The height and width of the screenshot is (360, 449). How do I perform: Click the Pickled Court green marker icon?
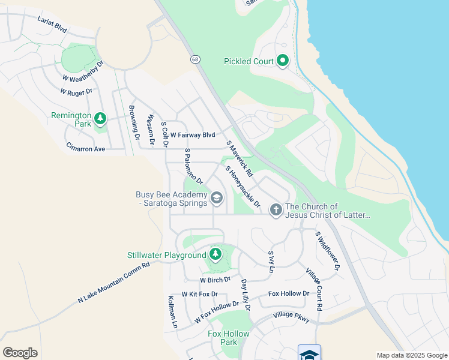click(283, 61)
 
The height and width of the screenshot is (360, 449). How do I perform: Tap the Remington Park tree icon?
click(100, 119)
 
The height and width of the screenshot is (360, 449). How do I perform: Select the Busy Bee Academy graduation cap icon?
click(216, 197)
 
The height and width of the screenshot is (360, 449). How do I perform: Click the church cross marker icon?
click(276, 210)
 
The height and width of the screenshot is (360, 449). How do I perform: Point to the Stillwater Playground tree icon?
click(215, 255)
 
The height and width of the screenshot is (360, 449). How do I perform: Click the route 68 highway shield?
click(195, 59)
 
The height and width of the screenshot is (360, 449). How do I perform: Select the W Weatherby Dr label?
click(83, 71)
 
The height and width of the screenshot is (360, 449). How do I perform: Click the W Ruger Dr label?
click(76, 92)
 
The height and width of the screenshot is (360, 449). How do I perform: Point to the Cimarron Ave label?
click(86, 148)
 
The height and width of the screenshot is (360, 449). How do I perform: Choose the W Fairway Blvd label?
click(192, 136)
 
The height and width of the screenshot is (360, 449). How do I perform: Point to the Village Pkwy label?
click(291, 317)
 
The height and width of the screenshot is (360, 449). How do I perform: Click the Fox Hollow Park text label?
click(223, 338)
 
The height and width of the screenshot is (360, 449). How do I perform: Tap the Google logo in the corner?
click(20, 353)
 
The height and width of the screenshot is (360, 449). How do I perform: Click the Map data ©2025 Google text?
click(412, 355)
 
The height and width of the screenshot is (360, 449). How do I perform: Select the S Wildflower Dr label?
click(328, 250)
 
